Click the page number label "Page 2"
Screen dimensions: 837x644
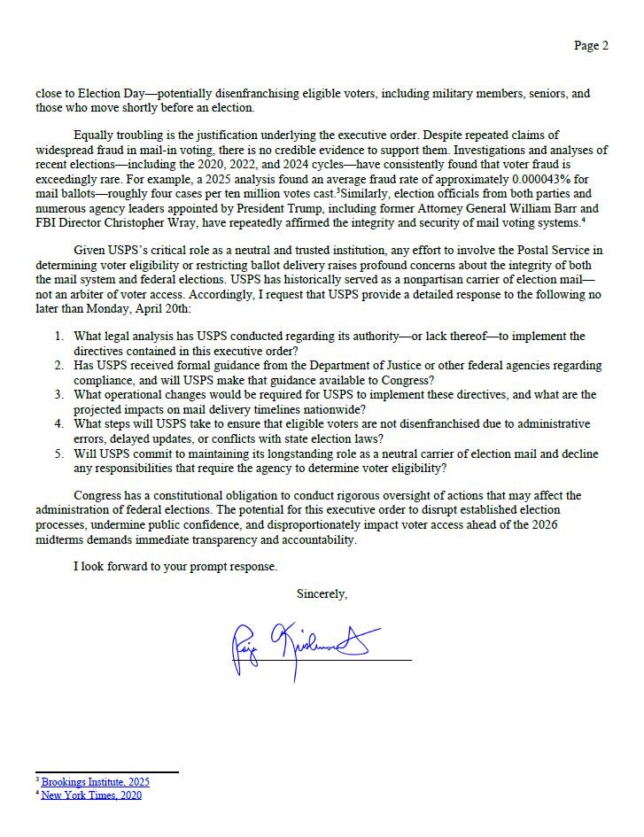tap(591, 46)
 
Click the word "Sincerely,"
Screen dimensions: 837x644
tap(322, 593)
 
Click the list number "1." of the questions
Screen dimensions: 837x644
tap(58, 337)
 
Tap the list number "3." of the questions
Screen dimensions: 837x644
tap(58, 395)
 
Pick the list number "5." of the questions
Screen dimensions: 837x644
tap(58, 453)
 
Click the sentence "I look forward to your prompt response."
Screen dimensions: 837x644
tap(175, 565)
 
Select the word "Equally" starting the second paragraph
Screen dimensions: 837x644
tap(95, 136)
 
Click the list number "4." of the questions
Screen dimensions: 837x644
tap(58, 424)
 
